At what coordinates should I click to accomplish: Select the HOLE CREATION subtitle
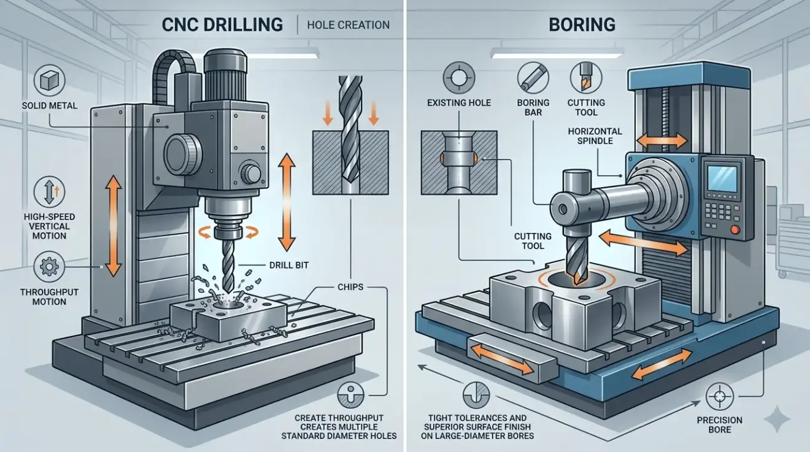click(x=348, y=25)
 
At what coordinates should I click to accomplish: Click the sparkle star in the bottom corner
click(x=776, y=422)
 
